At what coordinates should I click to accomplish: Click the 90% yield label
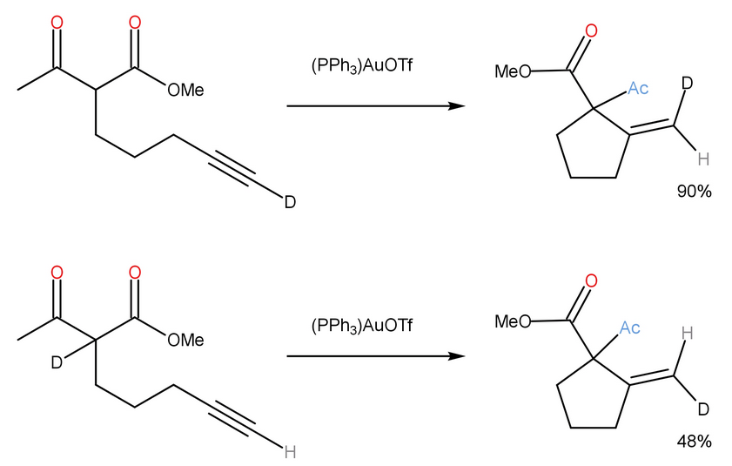695,192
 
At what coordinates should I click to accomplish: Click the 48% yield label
695,442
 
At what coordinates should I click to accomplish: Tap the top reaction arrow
374,106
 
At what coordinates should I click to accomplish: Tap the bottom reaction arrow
374,356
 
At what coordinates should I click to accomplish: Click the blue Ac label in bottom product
631,328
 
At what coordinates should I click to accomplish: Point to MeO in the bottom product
513,321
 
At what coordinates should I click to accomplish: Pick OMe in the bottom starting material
185,340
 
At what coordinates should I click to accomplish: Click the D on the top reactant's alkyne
291,203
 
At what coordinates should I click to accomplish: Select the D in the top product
687,84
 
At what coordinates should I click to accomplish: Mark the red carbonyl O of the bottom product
591,281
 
